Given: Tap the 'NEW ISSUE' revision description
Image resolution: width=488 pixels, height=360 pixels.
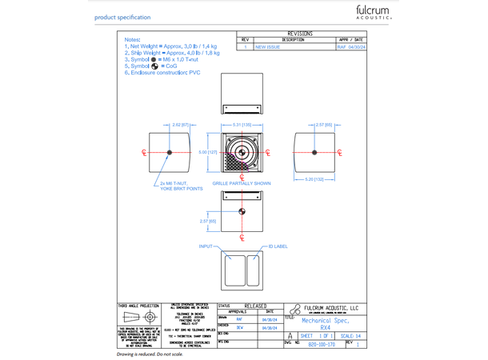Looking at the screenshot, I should tap(267, 47).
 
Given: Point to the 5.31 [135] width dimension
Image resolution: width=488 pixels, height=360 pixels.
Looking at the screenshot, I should tap(242, 125).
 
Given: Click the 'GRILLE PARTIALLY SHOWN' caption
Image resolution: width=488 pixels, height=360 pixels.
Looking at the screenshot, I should tap(242, 183).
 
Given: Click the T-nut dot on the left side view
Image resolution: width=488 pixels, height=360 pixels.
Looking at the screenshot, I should tap(170, 152).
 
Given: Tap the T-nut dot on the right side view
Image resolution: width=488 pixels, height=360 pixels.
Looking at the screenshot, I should tap(313, 152).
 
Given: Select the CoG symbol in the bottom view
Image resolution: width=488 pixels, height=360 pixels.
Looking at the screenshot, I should tap(242, 212).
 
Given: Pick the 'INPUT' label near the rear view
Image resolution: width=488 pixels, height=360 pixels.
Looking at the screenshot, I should tap(206, 246).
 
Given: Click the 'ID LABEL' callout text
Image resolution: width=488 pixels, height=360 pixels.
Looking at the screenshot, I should tap(278, 246).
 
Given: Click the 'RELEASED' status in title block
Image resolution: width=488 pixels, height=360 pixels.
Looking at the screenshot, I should tap(255, 306).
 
